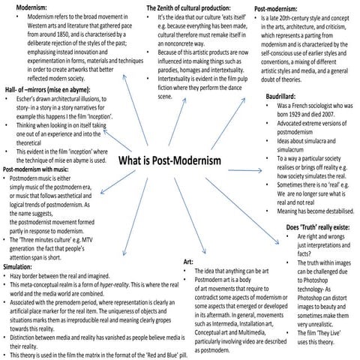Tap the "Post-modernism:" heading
(278, 9)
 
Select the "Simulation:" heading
(18, 266)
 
